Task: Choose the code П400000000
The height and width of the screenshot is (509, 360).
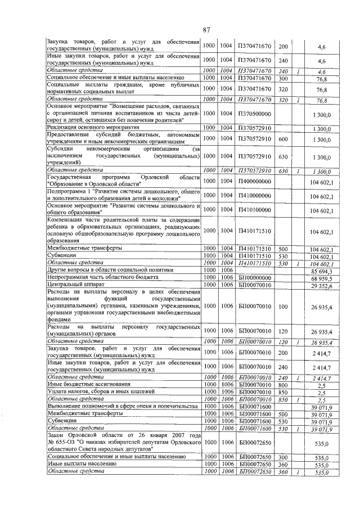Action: coord(254,181)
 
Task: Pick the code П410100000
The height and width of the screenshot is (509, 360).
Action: coord(254,210)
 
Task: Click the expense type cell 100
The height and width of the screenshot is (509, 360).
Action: coord(283,307)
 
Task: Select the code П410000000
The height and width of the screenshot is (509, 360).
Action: coord(254,195)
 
